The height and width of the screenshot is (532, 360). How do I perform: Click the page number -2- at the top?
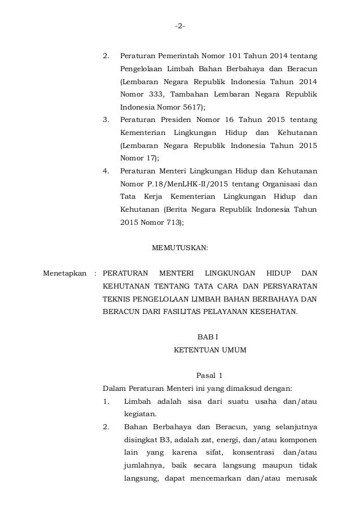(x=180, y=26)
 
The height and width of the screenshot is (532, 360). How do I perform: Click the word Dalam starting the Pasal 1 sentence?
(x=113, y=388)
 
